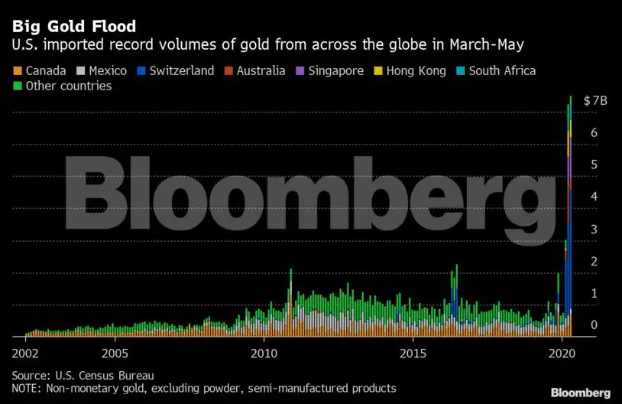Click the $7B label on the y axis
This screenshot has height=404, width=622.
tap(595, 101)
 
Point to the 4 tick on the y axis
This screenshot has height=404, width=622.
tap(593, 197)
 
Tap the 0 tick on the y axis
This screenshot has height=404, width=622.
tap(593, 325)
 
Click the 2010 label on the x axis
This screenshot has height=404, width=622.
tap(264, 354)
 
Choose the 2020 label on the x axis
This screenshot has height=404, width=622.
tap(562, 354)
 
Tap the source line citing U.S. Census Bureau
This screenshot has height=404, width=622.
tap(83, 375)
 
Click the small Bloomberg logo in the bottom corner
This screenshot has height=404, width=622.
tap(581, 392)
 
